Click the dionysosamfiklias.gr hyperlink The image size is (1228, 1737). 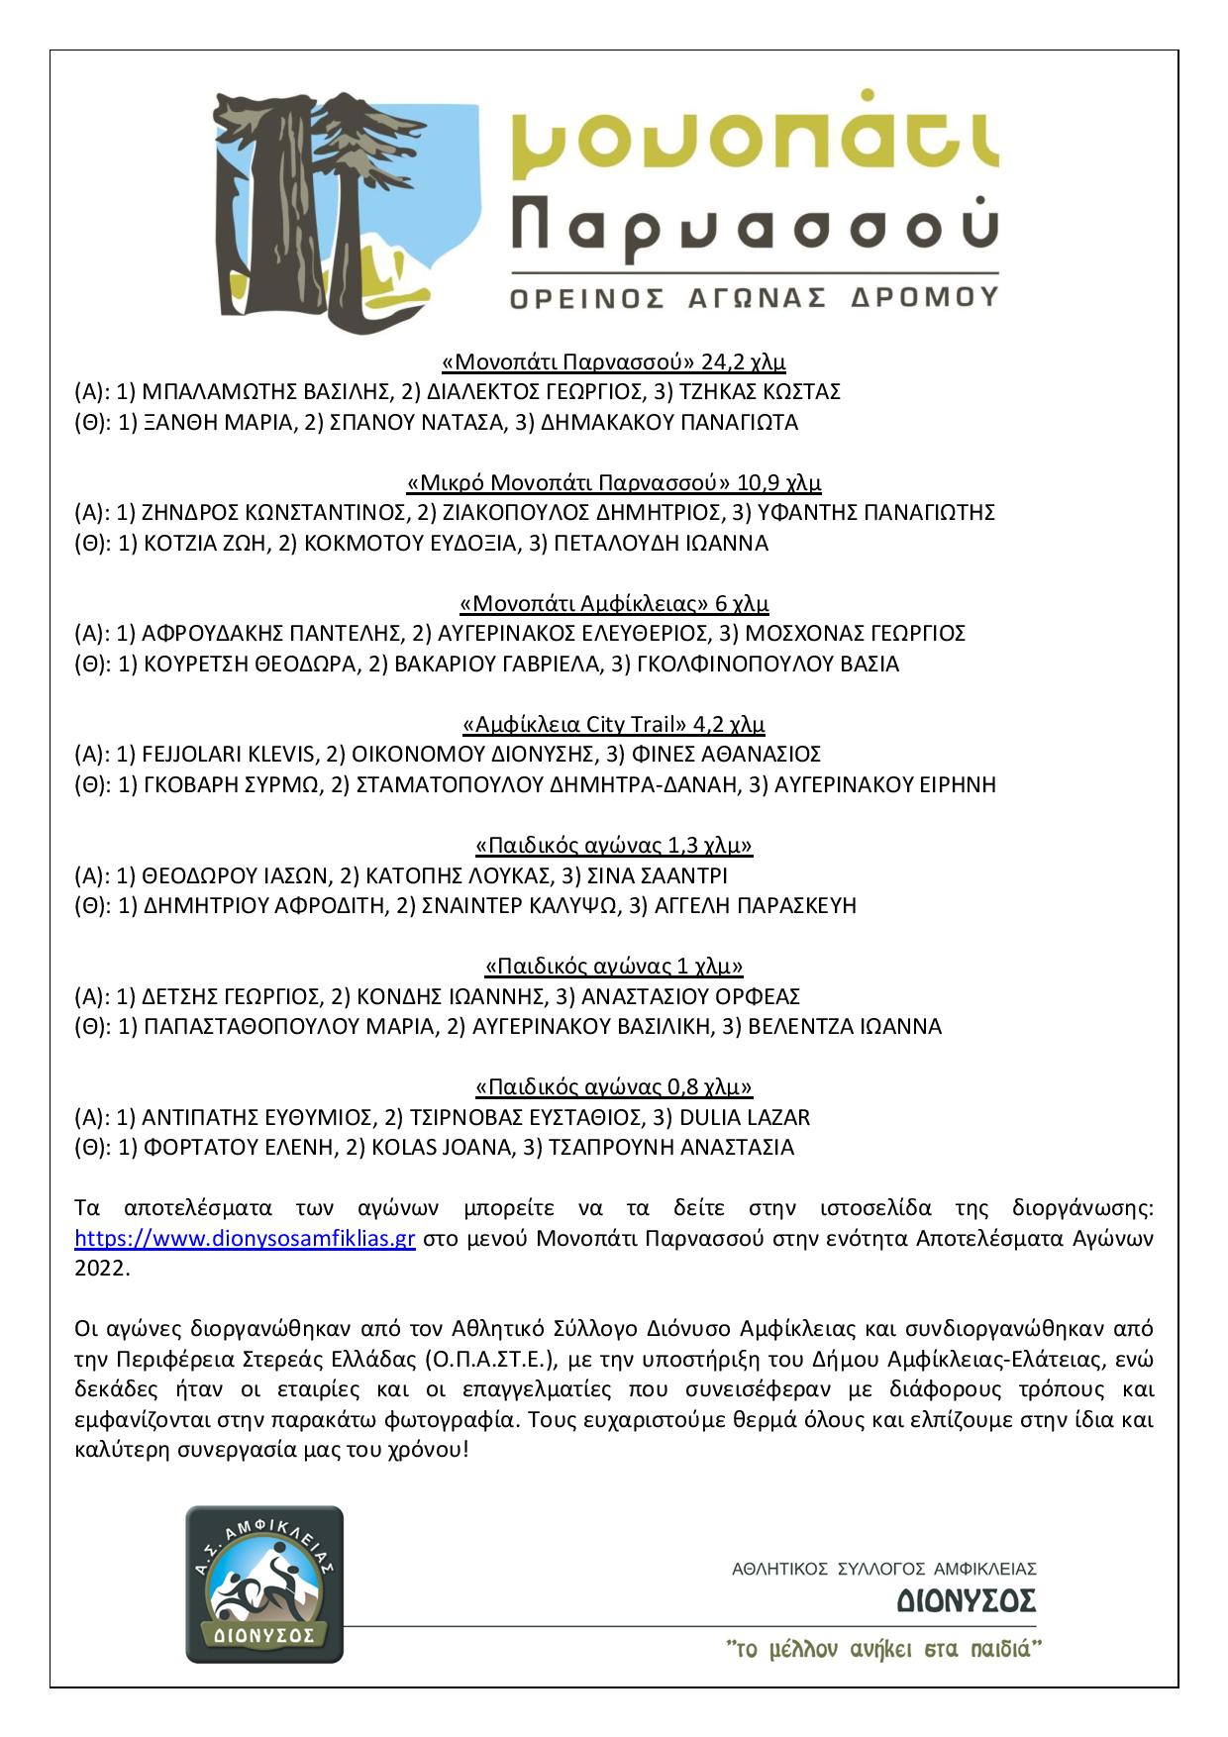[x=245, y=1239]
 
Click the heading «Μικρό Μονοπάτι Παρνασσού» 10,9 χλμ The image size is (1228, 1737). [x=614, y=483]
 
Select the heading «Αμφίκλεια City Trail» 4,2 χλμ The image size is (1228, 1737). [x=614, y=724]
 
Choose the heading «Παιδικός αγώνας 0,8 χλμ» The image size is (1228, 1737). [x=614, y=1087]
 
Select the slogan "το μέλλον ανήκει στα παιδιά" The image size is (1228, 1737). [x=885, y=1650]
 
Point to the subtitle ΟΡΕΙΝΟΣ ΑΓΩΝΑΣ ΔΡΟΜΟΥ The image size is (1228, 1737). [x=753, y=296]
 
